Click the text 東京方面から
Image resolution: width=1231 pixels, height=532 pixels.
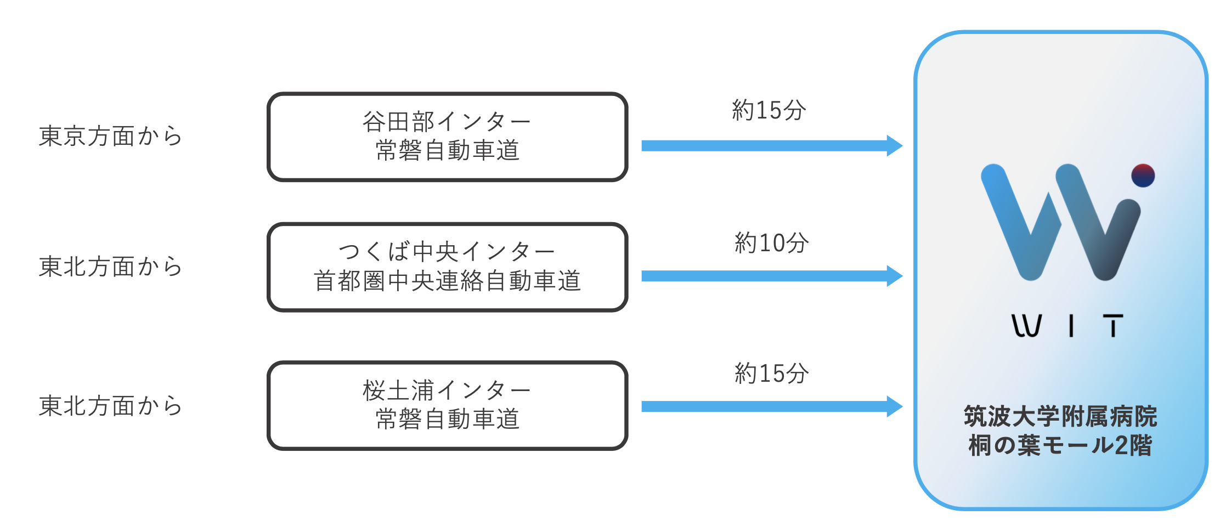pyautogui.click(x=110, y=136)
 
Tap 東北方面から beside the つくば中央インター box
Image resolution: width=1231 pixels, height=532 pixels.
pyautogui.click(x=110, y=267)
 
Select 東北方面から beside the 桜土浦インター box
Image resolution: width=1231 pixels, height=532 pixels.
pyautogui.click(x=110, y=406)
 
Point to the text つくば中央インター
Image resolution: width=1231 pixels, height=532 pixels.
pyautogui.click(x=447, y=252)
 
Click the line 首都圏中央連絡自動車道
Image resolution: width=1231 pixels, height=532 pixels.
pyautogui.click(x=447, y=281)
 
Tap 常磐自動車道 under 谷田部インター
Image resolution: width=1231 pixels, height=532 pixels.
pyautogui.click(x=447, y=150)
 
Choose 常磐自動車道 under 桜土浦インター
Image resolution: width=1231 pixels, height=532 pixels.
pyautogui.click(x=447, y=419)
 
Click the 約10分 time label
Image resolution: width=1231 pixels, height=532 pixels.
pyautogui.click(x=771, y=242)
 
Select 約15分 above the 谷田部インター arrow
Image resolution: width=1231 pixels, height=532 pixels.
pyautogui.click(x=769, y=110)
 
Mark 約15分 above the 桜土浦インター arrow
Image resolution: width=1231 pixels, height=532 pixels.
pyautogui.click(x=771, y=373)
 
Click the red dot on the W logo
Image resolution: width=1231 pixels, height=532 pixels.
pyautogui.click(x=1143, y=176)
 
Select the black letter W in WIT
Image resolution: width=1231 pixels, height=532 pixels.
pyautogui.click(x=1026, y=326)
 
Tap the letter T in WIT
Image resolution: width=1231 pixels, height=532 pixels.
pyautogui.click(x=1113, y=326)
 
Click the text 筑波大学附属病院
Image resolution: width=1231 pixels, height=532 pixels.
pyautogui.click(x=1060, y=416)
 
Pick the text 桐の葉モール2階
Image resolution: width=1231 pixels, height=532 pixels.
pyautogui.click(x=1060, y=445)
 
